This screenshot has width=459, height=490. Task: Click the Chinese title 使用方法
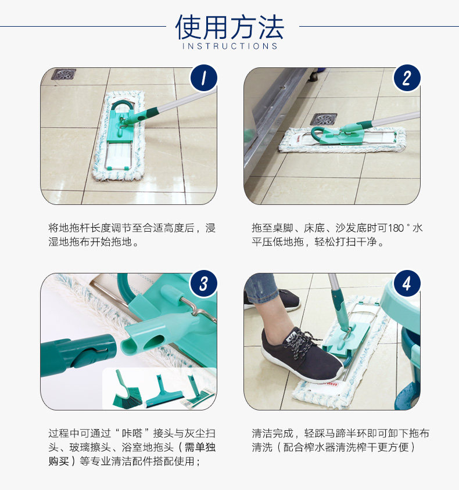(229, 27)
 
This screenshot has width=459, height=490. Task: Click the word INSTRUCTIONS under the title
(230, 46)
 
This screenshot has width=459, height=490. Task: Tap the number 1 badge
(203, 78)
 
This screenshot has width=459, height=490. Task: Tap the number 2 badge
(407, 78)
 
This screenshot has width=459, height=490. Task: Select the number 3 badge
(203, 283)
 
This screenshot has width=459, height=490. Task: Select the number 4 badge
(407, 283)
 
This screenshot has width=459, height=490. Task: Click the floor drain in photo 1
(64, 74)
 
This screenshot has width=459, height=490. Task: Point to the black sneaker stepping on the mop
(301, 353)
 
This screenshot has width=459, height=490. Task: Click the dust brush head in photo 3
(127, 391)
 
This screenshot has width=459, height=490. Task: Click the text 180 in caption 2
(396, 228)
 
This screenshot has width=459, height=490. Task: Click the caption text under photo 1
(132, 235)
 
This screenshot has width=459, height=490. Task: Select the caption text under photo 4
(340, 440)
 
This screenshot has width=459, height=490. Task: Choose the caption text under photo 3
(132, 447)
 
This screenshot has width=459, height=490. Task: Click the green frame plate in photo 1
(120, 125)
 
